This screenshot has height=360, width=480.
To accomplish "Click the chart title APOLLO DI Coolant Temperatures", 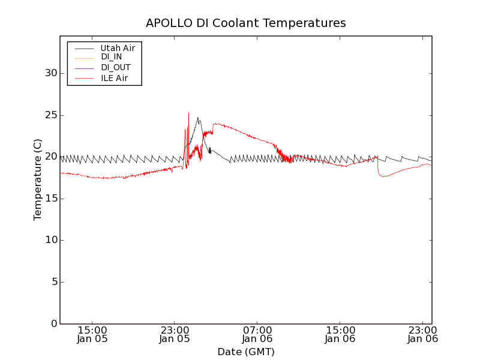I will coord(246,23).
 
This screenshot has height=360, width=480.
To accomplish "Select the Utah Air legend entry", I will coord(118,48).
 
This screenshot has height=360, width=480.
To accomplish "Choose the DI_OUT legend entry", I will coord(115,68).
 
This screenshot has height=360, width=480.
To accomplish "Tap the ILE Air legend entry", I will coord(114,78).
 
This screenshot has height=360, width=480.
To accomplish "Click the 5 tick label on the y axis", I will coord(53,282).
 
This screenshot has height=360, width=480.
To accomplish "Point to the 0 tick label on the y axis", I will coord(53,324).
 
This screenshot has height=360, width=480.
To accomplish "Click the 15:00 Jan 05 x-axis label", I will coord(92,334).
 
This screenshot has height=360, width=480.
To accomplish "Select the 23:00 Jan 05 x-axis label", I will coord(175,334).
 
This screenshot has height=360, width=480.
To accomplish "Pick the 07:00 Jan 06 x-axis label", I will coord(257,334).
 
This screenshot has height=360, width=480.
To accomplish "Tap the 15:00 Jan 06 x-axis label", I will coord(340,334).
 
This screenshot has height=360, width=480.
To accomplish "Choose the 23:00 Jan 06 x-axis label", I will coord(423,334).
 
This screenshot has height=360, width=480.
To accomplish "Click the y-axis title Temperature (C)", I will coord(38,180).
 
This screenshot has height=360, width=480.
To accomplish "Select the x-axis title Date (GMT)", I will coord(246,352).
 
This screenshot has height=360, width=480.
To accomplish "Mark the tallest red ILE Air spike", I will coord(188,114).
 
